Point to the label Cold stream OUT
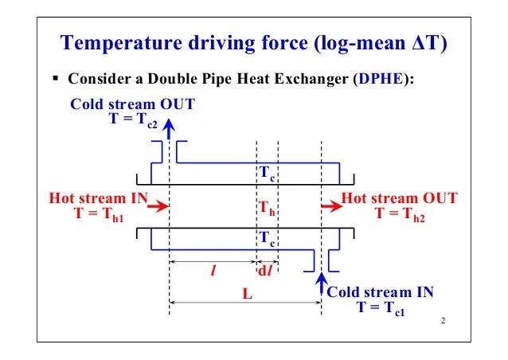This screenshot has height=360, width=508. [x=133, y=104]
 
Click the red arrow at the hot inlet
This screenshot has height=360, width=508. [x=158, y=206]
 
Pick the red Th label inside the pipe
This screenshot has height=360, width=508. [x=266, y=209]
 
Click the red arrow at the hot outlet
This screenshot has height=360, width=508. [x=329, y=206]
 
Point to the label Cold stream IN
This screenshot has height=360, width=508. [x=381, y=292]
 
